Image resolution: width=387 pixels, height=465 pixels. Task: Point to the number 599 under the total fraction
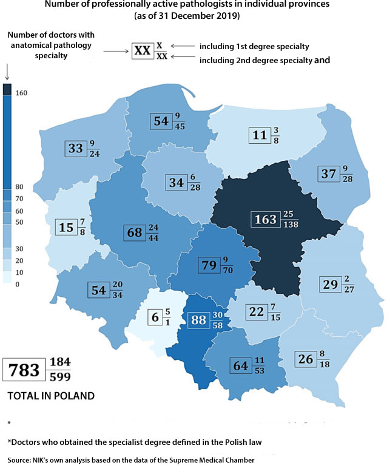(60, 376)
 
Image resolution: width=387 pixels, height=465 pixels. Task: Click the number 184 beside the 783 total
(60, 362)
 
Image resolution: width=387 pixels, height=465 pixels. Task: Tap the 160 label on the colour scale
(21, 92)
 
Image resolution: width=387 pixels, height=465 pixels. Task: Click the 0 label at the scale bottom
(17, 284)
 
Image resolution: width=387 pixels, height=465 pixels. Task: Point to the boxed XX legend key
(142, 51)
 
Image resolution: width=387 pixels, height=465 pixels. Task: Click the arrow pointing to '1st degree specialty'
(180, 46)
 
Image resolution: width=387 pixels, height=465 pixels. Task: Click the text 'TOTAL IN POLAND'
(51, 396)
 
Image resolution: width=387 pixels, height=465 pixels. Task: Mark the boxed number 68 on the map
(134, 232)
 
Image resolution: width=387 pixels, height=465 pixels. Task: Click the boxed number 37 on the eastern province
(328, 174)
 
